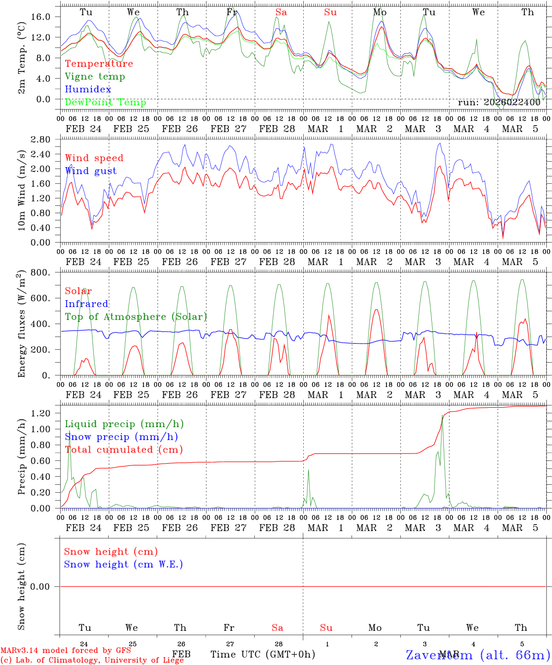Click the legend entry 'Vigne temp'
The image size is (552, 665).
95,77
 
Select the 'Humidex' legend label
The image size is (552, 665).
88,90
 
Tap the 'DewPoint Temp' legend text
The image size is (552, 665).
105,103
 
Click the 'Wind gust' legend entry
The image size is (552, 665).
91,171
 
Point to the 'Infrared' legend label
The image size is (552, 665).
86,304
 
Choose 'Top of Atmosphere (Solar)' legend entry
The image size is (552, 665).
136,317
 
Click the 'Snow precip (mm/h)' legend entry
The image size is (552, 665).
121,437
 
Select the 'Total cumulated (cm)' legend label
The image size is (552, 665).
124,450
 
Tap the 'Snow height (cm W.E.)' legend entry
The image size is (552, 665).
123,564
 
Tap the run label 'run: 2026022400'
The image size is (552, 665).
499,103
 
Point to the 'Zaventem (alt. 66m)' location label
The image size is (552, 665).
478,655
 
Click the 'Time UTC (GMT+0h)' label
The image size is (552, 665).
263,654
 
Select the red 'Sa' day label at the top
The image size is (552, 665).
281,12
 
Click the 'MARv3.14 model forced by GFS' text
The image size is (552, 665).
66,651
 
